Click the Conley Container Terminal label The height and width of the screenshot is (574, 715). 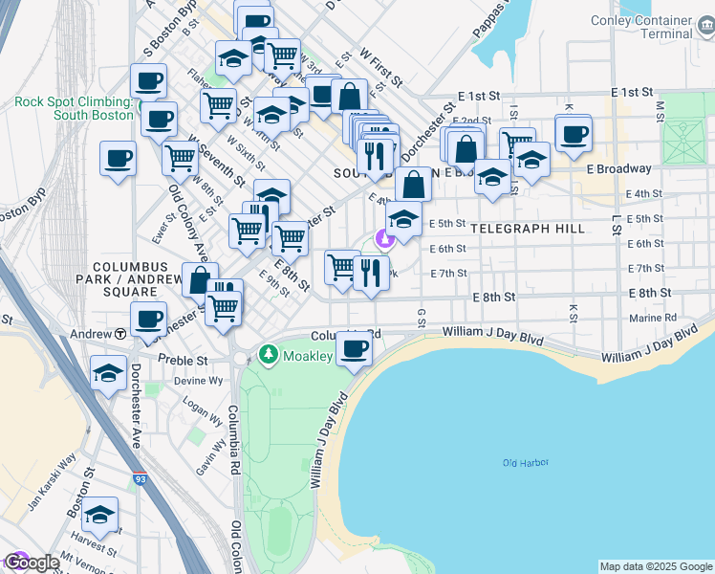(x=654, y=27)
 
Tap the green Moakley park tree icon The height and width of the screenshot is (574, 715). (x=271, y=356)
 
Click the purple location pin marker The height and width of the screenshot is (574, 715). (x=383, y=240)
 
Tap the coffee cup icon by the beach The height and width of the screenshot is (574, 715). (x=355, y=348)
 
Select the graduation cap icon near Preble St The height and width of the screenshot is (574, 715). (x=108, y=372)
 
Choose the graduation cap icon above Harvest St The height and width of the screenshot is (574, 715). (x=99, y=514)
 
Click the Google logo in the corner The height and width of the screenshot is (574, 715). (x=31, y=563)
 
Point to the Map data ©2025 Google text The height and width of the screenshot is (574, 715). (x=656, y=566)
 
